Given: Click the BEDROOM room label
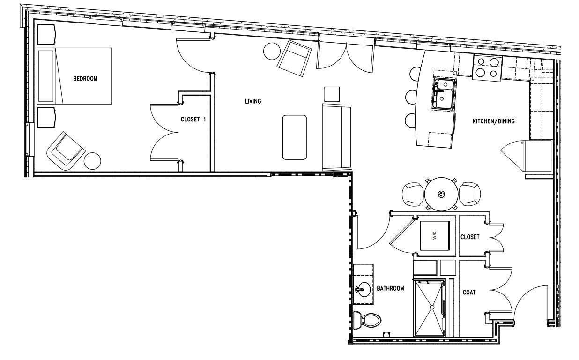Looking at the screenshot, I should tap(85, 79).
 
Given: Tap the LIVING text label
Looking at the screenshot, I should tap(252, 101).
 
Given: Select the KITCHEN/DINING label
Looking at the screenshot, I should tap(493, 121).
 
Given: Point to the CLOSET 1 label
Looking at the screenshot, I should tap(193, 120).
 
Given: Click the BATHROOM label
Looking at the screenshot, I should tap(390, 289).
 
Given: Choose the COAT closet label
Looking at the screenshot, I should tap(469, 292).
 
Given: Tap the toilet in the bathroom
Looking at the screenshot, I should tap(368, 321).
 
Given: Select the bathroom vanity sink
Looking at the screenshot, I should tap(362, 289).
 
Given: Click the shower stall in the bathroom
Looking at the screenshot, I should tap(428, 307).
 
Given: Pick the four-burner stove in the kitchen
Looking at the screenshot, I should tap(487, 67).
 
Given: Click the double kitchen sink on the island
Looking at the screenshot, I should tap(443, 93).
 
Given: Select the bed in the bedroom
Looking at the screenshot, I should tap(74, 76).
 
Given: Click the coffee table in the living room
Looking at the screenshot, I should tap(294, 137).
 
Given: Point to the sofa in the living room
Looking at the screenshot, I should tap(336, 137).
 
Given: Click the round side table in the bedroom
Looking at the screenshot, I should tap(93, 161).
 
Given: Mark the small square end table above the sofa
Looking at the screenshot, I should tap(332, 94).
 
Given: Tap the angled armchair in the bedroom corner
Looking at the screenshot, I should tap(65, 150).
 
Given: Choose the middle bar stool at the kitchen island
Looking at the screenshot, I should tap(411, 97).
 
